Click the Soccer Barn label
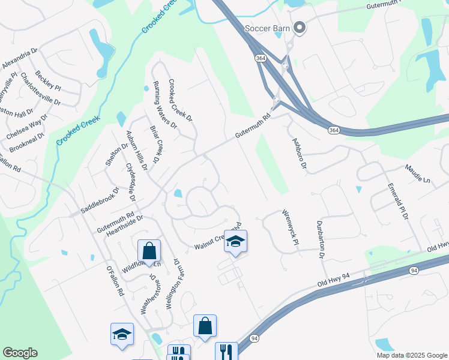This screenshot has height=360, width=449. point(267,28)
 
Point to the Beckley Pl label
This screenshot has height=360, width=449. point(48,80)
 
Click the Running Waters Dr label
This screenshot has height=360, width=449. point(165,106)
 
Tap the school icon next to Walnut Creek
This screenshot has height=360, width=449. point(235,241)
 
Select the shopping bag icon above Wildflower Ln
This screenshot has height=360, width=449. point(149,251)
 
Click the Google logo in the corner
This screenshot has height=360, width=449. point(20,353)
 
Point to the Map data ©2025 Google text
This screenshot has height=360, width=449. point(411,355)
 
